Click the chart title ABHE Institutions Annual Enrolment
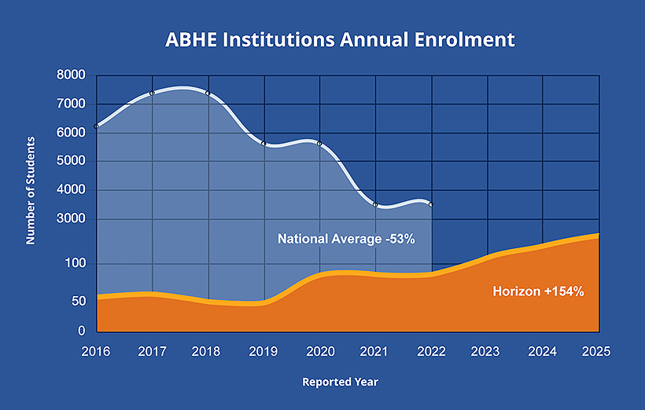coord(340,39)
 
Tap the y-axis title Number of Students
coord(31,190)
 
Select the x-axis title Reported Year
coord(340,382)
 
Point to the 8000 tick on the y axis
coord(71,75)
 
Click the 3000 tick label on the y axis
coord(71,219)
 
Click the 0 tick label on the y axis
coord(81,331)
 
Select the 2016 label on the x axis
coord(96,351)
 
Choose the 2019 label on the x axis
coord(264,351)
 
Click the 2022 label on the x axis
coord(431,351)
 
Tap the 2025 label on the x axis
coord(598,351)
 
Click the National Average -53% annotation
coord(345,238)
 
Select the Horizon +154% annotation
coord(538,291)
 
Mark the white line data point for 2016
coord(96,126)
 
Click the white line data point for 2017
coord(152,93)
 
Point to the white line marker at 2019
coord(264,144)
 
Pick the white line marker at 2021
coord(375,204)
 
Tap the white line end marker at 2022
coord(431,204)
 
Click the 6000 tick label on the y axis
coord(71,133)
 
